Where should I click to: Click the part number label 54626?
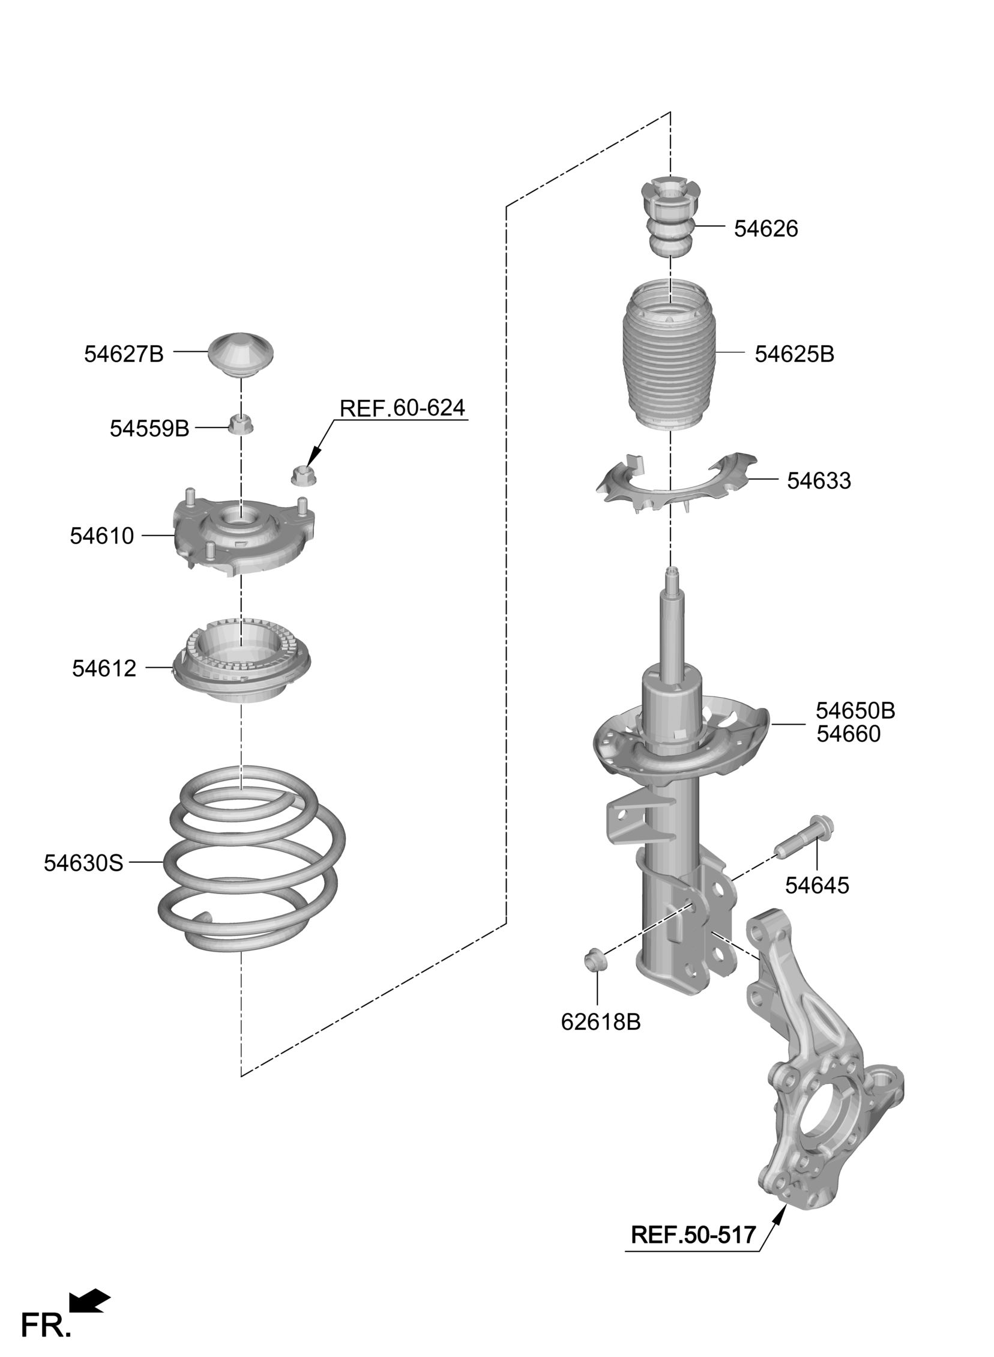[x=765, y=229]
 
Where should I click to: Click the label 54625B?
[x=794, y=354]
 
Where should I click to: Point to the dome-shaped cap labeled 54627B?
[x=241, y=354]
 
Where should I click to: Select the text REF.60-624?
[x=402, y=408]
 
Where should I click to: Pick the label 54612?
[x=104, y=668]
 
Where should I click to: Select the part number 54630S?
[x=83, y=863]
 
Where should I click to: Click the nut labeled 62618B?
[x=596, y=960]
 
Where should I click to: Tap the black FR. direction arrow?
[x=89, y=1302]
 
